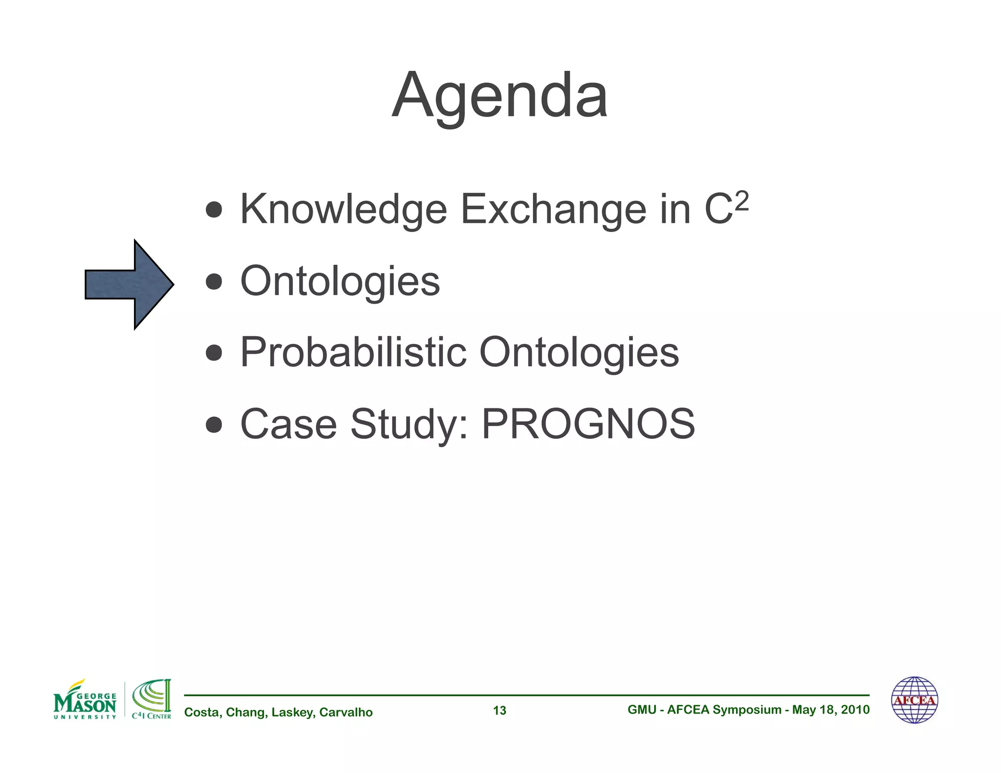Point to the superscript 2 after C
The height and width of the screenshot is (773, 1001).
(741, 201)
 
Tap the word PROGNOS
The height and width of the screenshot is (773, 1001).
(588, 424)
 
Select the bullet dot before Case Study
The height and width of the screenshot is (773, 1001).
(214, 425)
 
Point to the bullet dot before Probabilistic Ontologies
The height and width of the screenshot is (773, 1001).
(214, 353)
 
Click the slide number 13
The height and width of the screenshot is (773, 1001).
(500, 710)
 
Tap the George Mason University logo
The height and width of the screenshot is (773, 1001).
(85, 700)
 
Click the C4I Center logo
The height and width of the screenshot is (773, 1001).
(152, 700)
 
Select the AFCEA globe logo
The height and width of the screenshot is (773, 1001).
(914, 700)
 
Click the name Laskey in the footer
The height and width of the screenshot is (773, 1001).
(292, 712)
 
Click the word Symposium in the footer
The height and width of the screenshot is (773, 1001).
(747, 709)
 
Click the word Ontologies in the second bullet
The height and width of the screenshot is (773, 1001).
(340, 281)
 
